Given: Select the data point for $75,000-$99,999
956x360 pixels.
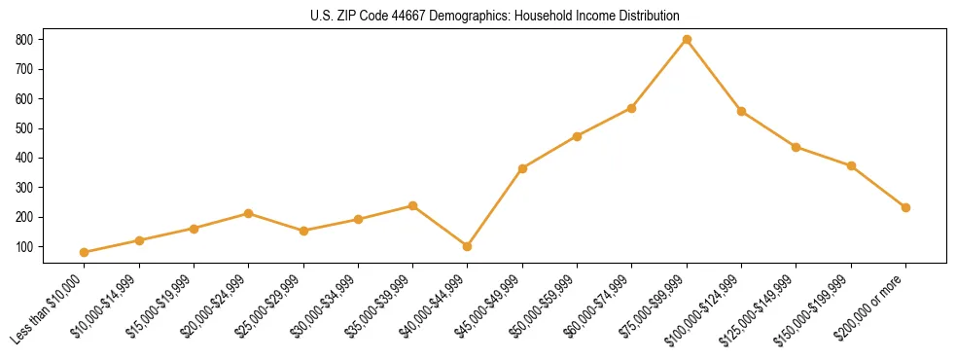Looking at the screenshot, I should pyautogui.click(x=687, y=39).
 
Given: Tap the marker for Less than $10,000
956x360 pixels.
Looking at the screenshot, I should pyautogui.click(x=85, y=252).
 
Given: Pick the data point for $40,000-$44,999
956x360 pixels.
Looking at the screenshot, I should pyautogui.click(x=468, y=246).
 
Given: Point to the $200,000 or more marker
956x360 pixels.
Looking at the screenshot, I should pyautogui.click(x=905, y=207).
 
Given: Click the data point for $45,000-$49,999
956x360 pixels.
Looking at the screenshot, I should pyautogui.click(x=522, y=168).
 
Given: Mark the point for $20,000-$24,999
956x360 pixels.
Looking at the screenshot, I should pyautogui.click(x=249, y=213).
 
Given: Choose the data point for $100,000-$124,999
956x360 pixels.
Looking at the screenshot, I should pyautogui.click(x=741, y=111).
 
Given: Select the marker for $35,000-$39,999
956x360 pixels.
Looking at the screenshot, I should pyautogui.click(x=413, y=205).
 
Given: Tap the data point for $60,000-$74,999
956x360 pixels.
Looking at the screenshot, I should pyautogui.click(x=632, y=108).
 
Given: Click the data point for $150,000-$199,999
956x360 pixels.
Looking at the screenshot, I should pyautogui.click(x=851, y=166).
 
